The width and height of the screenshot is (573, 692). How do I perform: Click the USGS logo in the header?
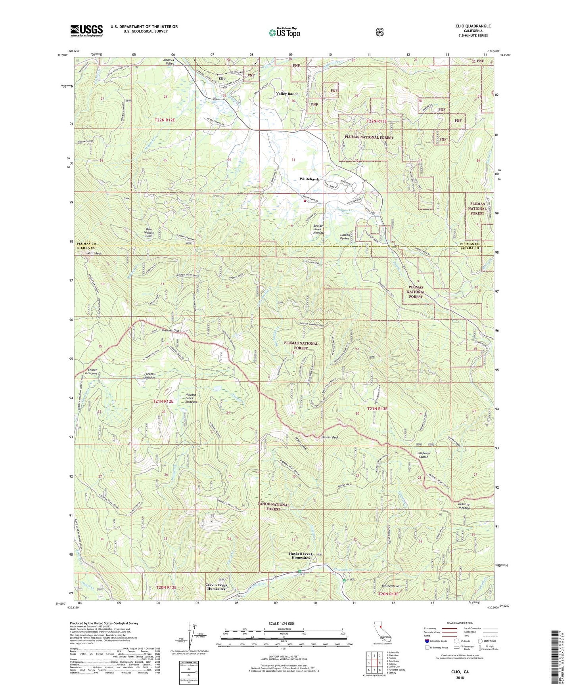click(x=86, y=31)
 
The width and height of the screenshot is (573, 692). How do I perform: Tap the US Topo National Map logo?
click(x=284, y=32)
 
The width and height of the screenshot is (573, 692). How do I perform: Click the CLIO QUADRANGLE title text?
click(x=473, y=26)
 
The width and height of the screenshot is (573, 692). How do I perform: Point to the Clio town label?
click(x=222, y=78)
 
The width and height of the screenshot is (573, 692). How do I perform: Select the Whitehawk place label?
click(x=309, y=179)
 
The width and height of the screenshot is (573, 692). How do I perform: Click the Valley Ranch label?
click(x=287, y=94)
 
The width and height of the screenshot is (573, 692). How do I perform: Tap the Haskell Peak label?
click(x=330, y=438)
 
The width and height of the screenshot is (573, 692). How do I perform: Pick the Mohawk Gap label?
click(x=171, y=331)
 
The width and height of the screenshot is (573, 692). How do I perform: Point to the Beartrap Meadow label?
click(x=464, y=506)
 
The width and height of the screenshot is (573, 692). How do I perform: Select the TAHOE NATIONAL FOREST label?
click(x=274, y=507)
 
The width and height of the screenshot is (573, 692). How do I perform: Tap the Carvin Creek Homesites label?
click(x=216, y=587)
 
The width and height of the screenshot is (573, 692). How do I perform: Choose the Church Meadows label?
click(x=92, y=371)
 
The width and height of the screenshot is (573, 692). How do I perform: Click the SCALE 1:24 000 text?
click(x=281, y=624)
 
